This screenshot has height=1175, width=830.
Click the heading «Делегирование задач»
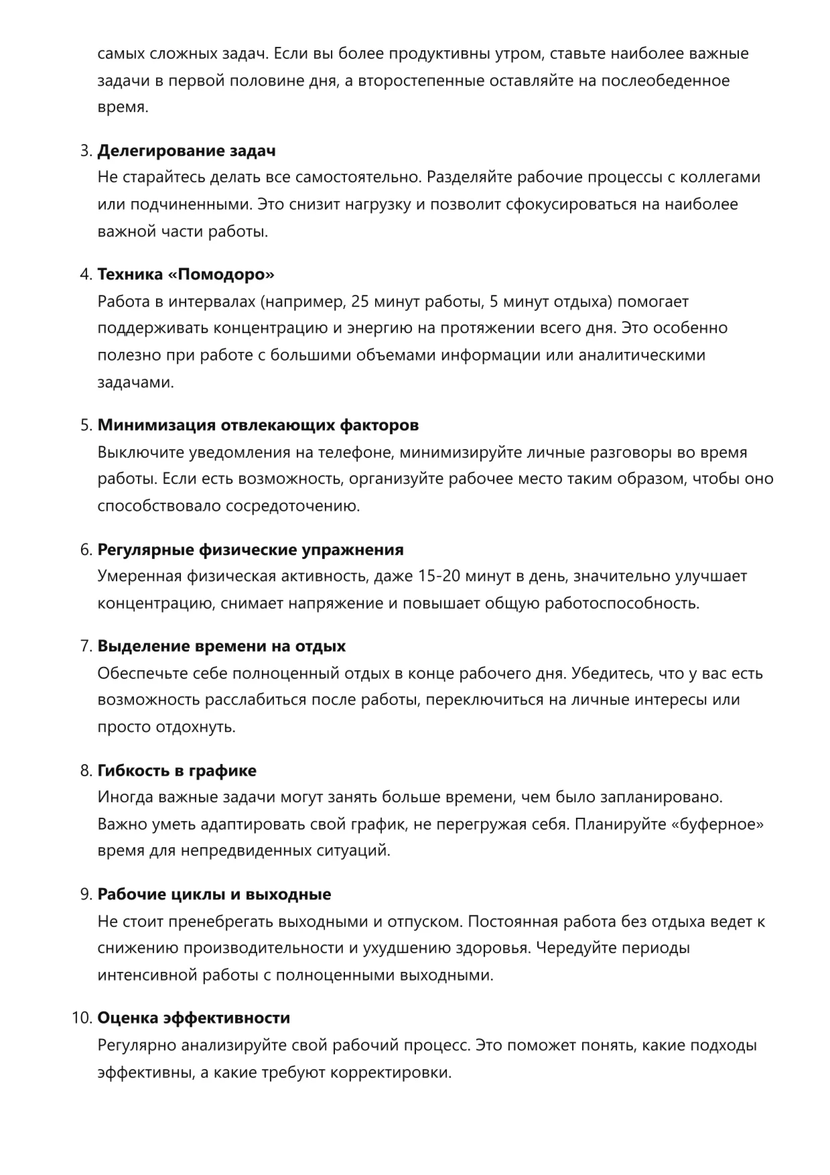tap(186, 151)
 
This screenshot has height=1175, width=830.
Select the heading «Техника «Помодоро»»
tap(186, 274)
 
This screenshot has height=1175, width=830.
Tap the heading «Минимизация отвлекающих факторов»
tap(258, 425)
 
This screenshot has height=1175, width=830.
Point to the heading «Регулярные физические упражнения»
tap(251, 550)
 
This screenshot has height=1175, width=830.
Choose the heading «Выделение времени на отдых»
tap(222, 646)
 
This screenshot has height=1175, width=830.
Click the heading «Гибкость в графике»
tap(177, 771)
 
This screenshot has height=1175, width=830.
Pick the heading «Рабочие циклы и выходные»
tap(214, 894)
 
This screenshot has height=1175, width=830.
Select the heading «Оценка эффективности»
tap(194, 1017)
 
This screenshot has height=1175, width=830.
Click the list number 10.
tap(80, 1017)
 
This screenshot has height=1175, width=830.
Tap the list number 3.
tap(85, 151)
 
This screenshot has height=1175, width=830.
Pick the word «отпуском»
tap(425, 922)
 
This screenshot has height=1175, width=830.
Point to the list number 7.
tap(85, 646)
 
